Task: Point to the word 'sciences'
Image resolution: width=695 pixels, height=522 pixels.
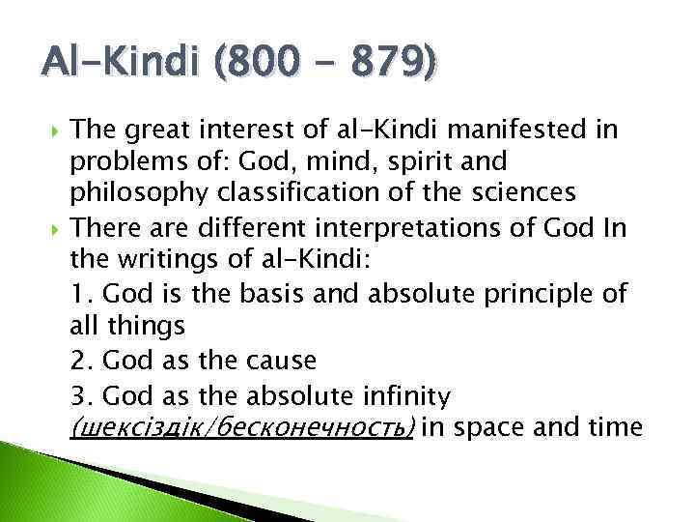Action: tap(525, 192)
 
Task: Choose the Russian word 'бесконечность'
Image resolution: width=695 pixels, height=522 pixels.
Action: tap(308, 427)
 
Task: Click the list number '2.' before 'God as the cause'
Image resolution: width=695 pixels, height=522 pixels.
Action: tap(82, 360)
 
